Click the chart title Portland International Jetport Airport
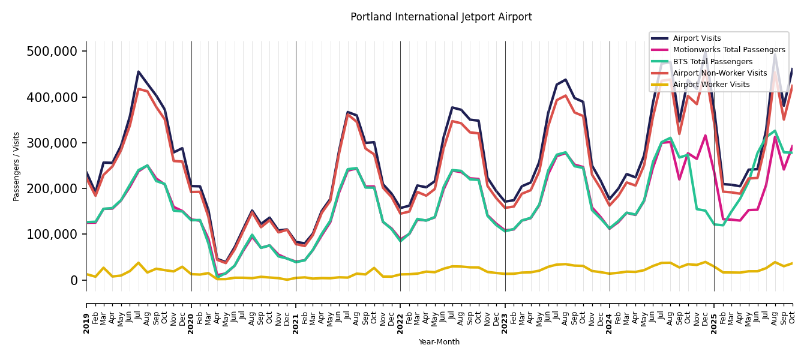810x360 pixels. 441,17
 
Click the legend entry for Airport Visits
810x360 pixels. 697,38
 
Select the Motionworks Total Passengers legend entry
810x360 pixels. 728,50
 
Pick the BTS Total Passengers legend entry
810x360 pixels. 712,62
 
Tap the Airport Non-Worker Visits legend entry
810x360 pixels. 719,73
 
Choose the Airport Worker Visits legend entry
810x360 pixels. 711,85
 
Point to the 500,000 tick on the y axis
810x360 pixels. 52,52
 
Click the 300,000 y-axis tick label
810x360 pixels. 52,143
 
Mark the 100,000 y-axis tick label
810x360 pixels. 52,235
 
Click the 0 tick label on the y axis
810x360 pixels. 74,280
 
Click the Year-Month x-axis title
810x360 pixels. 439,342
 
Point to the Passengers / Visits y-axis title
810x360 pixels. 17,166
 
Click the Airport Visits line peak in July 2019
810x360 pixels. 139,72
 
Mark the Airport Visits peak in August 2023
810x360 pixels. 565,80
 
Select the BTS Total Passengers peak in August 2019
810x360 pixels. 148,166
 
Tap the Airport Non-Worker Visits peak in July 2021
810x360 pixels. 348,115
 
